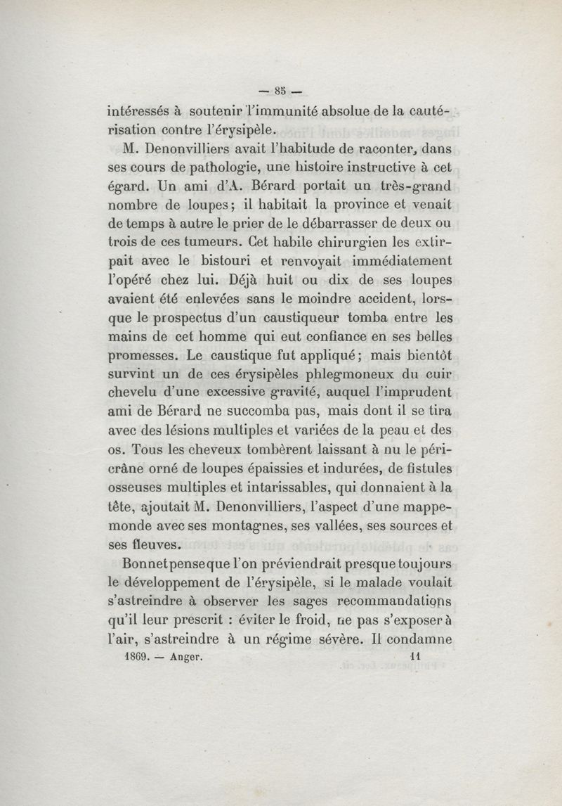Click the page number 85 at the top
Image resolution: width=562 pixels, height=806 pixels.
tap(281, 89)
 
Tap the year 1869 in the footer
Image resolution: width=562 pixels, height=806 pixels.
tap(133, 655)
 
